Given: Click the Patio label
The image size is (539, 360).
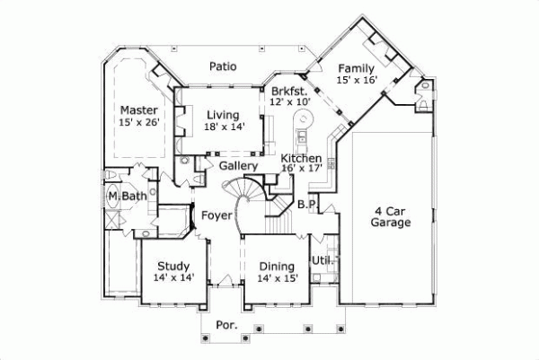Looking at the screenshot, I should click(x=222, y=66).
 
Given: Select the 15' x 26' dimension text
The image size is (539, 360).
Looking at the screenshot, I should click(x=139, y=123).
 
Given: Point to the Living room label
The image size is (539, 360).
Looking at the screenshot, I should click(x=222, y=115).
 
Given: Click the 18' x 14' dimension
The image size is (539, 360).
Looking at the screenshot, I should click(x=222, y=127).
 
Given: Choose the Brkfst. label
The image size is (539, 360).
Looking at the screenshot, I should click(x=289, y=91).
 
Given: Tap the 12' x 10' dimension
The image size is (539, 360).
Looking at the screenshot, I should click(x=289, y=102).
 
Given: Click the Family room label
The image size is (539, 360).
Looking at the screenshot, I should click(x=357, y=67).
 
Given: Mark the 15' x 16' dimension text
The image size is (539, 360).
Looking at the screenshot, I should click(x=357, y=80).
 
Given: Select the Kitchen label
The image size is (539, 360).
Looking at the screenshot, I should click(x=302, y=158).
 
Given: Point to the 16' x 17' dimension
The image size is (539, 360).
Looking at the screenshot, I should click(x=302, y=169).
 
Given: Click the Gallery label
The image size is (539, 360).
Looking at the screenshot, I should click(x=238, y=166).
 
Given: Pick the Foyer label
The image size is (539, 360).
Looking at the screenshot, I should click(x=217, y=215).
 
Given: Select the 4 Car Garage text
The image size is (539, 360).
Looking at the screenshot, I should click(x=393, y=216).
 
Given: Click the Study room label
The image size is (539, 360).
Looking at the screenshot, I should click(x=172, y=266).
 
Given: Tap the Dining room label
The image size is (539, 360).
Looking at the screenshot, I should click(x=277, y=266).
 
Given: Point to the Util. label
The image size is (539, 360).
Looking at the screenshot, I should click(x=323, y=260).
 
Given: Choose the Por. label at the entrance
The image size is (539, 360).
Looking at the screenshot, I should click(x=226, y=325).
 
